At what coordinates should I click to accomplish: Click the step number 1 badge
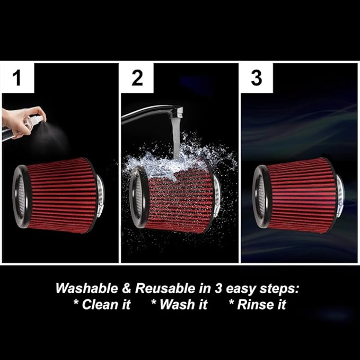[17, 77]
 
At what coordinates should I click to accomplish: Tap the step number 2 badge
[137, 77]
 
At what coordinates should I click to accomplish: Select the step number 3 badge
[256, 77]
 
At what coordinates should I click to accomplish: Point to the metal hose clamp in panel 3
[339, 196]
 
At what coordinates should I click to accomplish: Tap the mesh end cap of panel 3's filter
[260, 196]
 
